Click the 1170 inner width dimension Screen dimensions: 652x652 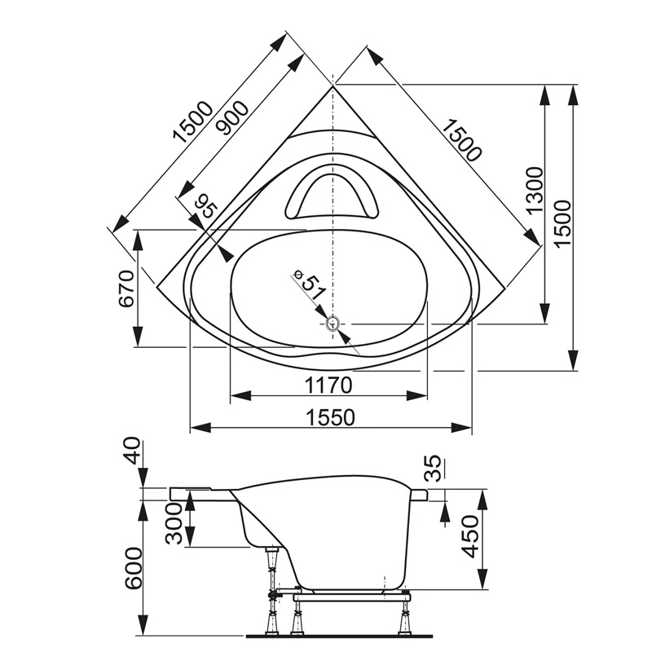coord(328,384)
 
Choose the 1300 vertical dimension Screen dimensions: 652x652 coord(534,189)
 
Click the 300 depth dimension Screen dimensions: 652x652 coord(174,522)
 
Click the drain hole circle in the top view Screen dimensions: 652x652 coord(333,324)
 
